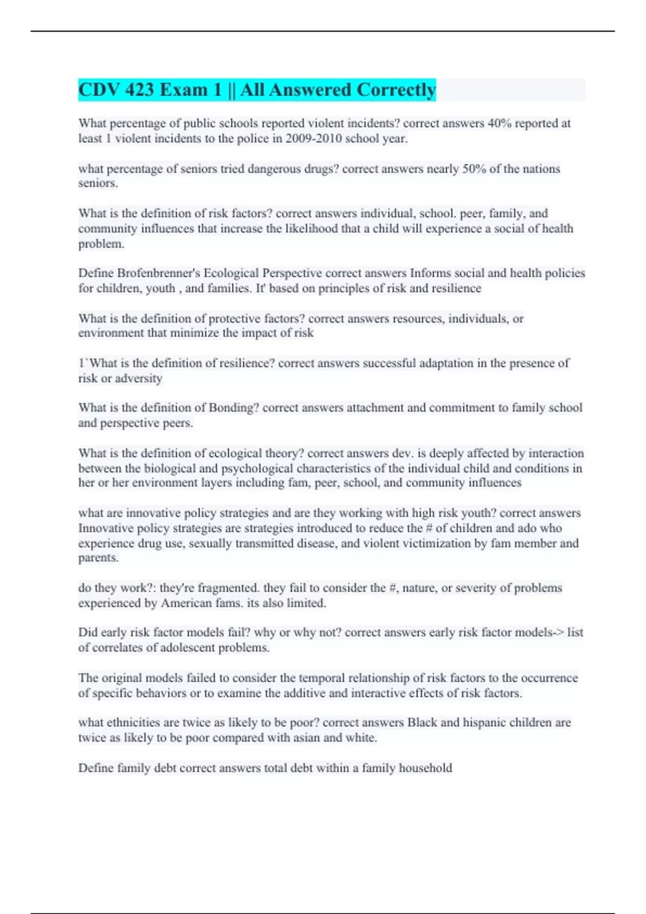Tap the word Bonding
(x=234, y=408)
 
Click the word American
(x=186, y=603)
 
